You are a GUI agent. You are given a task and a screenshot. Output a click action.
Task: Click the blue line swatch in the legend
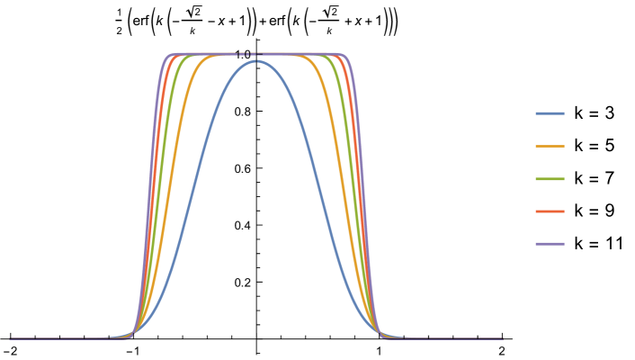550,113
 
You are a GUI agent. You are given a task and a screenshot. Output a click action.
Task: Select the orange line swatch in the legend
550,146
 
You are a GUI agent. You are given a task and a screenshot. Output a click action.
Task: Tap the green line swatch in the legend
550,179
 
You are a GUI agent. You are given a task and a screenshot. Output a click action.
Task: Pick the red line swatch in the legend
550,211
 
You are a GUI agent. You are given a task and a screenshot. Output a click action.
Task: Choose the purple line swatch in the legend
550,244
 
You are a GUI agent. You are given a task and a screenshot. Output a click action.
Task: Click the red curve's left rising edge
154,180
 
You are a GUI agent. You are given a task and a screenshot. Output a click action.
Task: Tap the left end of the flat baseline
11,338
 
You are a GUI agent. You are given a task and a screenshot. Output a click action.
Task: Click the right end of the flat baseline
501,338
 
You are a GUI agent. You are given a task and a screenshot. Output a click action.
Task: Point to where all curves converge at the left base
132,335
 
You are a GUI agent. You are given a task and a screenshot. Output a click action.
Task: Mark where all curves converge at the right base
381,335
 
